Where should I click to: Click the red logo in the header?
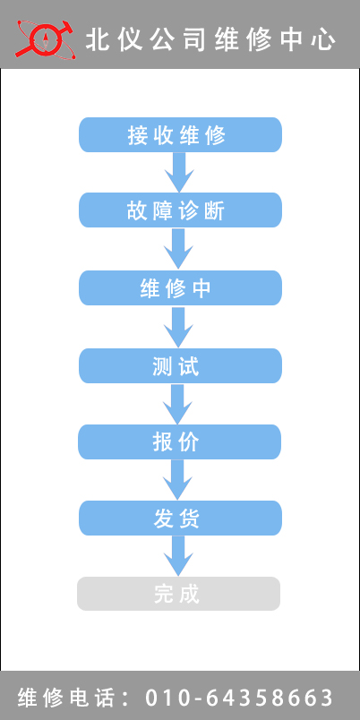point(44,39)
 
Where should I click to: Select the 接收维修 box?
point(180,134)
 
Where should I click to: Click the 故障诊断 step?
point(180,210)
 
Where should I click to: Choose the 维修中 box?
point(180,287)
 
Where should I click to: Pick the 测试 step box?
point(180,365)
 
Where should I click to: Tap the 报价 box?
point(179,441)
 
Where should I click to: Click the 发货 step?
point(180,518)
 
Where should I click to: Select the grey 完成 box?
point(178,593)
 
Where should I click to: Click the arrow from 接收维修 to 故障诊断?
point(179,172)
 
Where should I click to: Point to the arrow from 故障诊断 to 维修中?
point(178,248)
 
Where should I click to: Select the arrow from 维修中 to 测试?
point(178,327)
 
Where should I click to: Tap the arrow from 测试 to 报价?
point(178,404)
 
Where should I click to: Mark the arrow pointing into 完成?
point(178,555)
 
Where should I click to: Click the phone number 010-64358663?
point(239,698)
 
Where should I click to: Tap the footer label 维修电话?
point(65,698)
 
